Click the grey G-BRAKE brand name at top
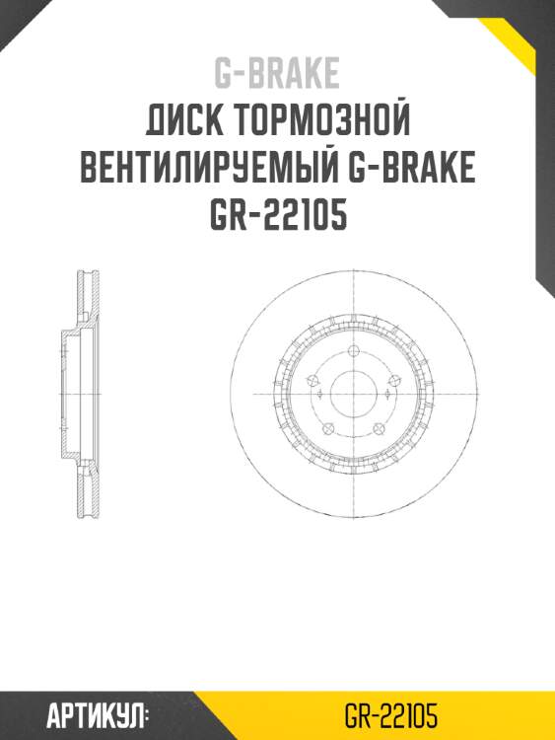point(277,74)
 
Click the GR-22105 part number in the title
point(277,215)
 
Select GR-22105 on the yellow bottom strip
point(391,715)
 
